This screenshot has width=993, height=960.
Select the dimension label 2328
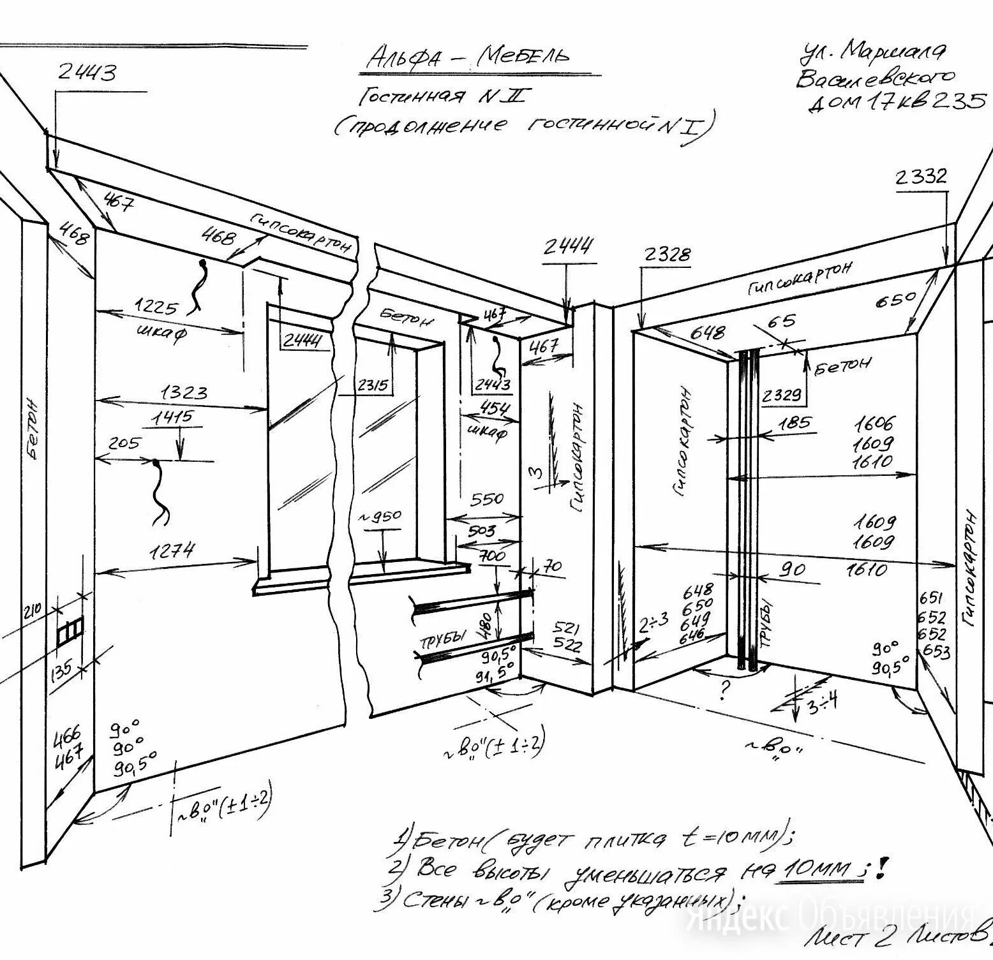click(666, 255)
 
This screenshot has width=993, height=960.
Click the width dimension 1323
click(184, 392)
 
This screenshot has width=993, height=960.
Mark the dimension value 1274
click(174, 550)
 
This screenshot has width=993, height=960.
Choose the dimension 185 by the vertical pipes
click(794, 422)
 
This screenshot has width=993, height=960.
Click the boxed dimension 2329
click(782, 395)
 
